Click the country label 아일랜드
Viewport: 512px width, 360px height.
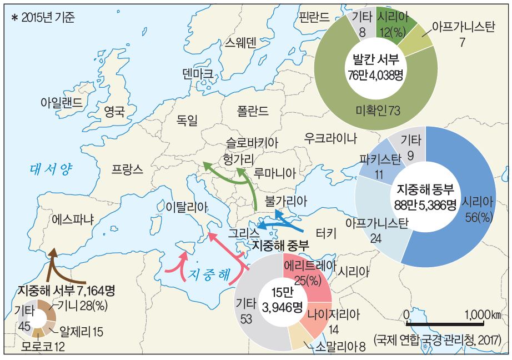(x=62, y=102)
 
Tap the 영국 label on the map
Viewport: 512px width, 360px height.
(x=114, y=113)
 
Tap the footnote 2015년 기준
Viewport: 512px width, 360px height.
(x=43, y=17)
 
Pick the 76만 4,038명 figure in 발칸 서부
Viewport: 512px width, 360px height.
(x=375, y=74)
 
